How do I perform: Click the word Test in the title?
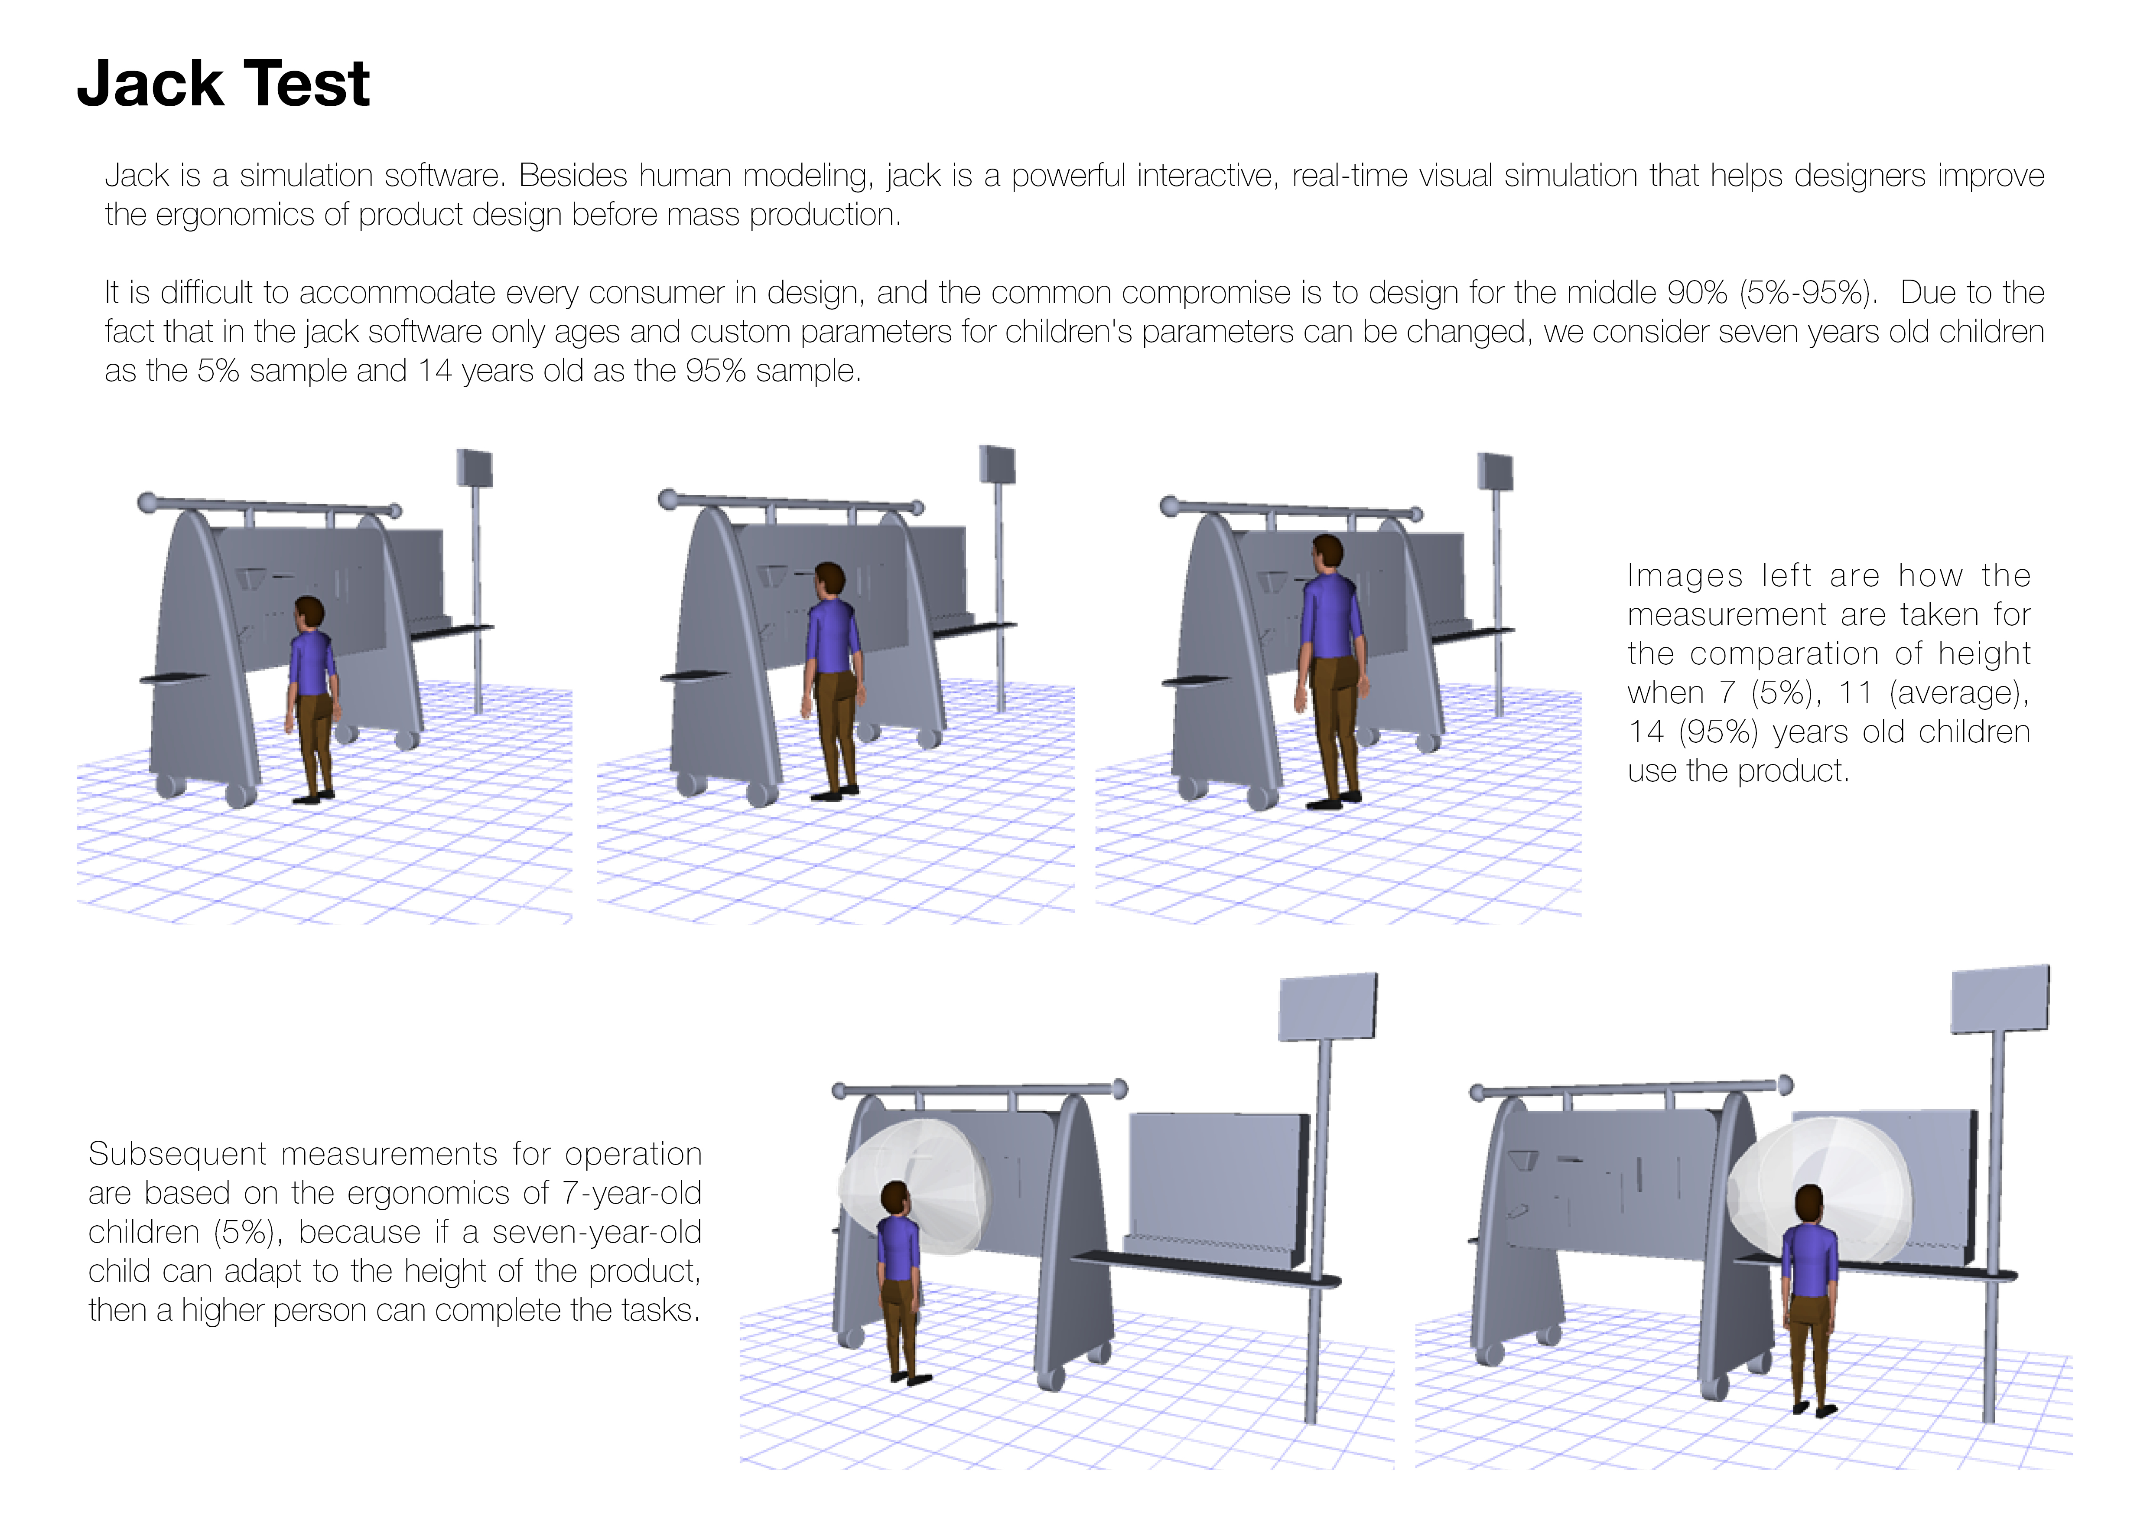coord(309,84)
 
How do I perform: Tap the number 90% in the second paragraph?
coord(1697,293)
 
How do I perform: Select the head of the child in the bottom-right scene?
coord(1809,1205)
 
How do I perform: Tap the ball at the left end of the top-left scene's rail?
coord(147,503)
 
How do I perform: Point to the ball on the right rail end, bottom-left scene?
coord(1118,1088)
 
